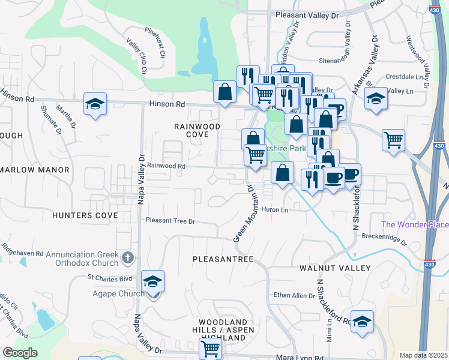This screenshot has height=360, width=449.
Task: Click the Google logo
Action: coord(20,352)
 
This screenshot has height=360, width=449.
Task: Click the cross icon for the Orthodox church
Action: coord(127,257)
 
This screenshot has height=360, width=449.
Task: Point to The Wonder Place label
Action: coord(415,224)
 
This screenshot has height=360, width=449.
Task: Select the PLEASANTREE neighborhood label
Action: coord(223,259)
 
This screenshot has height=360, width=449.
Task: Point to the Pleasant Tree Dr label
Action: coord(171,221)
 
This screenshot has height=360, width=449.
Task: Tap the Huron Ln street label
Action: coord(275,209)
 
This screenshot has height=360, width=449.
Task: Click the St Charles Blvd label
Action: coord(109,278)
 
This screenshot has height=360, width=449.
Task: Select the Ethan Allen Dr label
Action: coord(294,295)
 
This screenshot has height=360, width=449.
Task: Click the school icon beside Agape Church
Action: coord(153,281)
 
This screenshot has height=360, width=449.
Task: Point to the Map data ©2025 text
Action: coord(423,355)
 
